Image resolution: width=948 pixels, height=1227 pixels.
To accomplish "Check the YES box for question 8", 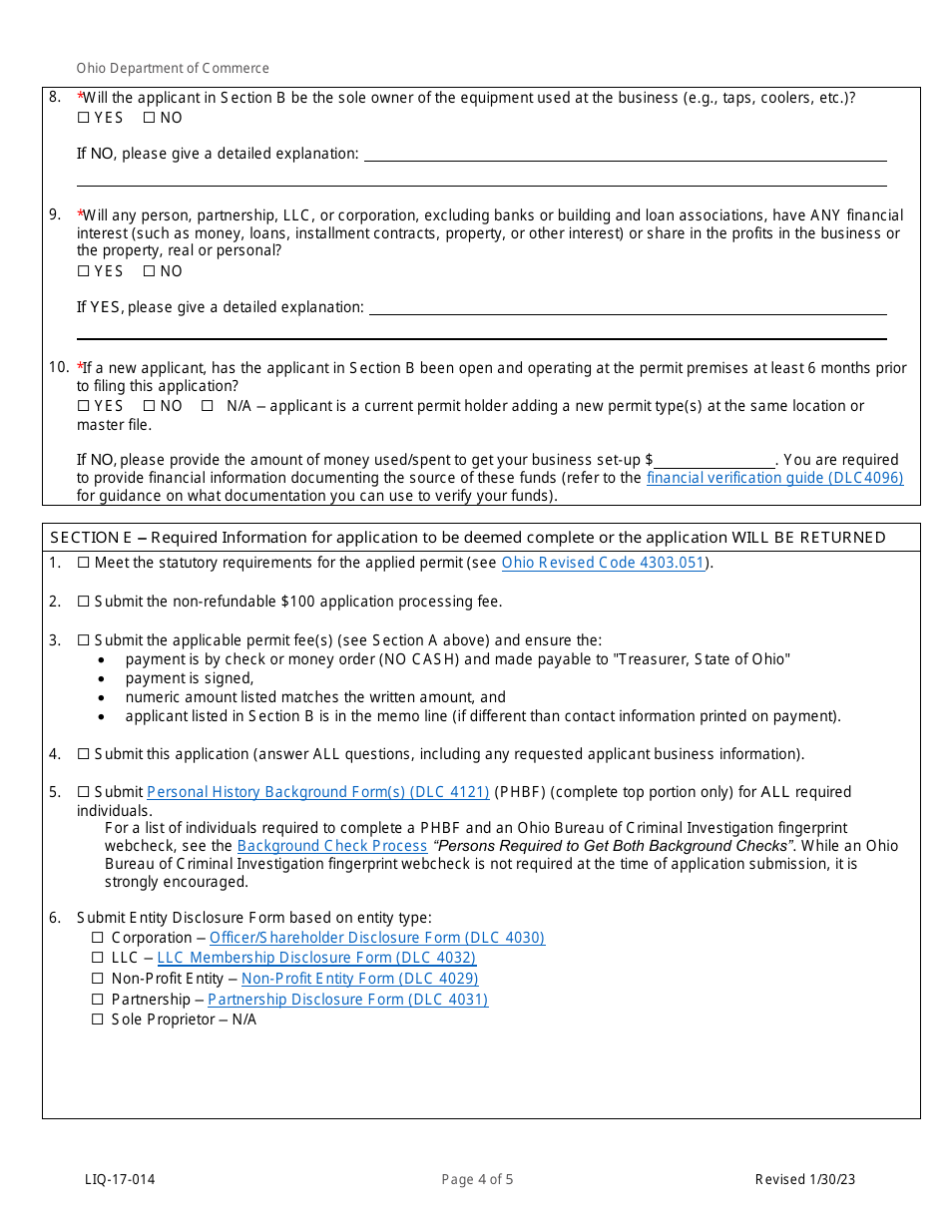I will pyautogui.click(x=83, y=118).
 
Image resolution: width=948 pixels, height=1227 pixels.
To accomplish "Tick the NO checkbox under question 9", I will pyautogui.click(x=149, y=271).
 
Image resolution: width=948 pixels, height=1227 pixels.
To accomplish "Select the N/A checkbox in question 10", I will pyautogui.click(x=208, y=406).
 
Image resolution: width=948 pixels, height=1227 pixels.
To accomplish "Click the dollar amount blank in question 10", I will pyautogui.click(x=714, y=461).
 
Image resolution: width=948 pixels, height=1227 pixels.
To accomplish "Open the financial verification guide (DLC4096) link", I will pyautogui.click(x=774, y=478).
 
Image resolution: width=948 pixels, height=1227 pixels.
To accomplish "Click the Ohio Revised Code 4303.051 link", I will pyautogui.click(x=603, y=563).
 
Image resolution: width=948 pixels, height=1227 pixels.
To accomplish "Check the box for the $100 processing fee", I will pyautogui.click(x=84, y=602).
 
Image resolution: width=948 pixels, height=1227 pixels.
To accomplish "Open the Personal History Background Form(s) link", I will pyautogui.click(x=317, y=792).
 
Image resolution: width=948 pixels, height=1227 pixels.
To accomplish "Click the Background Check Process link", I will pyautogui.click(x=332, y=846).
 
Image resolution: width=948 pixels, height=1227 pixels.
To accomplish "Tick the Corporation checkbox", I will pyautogui.click(x=98, y=938).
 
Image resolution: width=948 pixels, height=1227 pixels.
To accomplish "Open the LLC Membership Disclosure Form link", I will pyautogui.click(x=316, y=958).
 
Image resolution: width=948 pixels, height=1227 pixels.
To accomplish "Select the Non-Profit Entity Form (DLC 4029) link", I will pyautogui.click(x=359, y=979).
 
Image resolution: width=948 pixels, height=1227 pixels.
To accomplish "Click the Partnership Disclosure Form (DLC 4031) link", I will pyautogui.click(x=347, y=1000).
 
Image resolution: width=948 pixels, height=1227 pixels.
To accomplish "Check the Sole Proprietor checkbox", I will pyautogui.click(x=98, y=1020).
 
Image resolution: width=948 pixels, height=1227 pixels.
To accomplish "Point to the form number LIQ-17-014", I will pyautogui.click(x=120, y=1180).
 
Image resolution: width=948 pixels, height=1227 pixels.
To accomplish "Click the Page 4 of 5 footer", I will pyautogui.click(x=477, y=1180).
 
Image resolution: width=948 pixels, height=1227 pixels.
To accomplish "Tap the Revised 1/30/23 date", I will pyautogui.click(x=804, y=1180).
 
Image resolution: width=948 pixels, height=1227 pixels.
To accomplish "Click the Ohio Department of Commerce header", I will pyautogui.click(x=173, y=69).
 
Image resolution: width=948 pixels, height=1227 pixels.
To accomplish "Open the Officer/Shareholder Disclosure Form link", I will pyautogui.click(x=376, y=938).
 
